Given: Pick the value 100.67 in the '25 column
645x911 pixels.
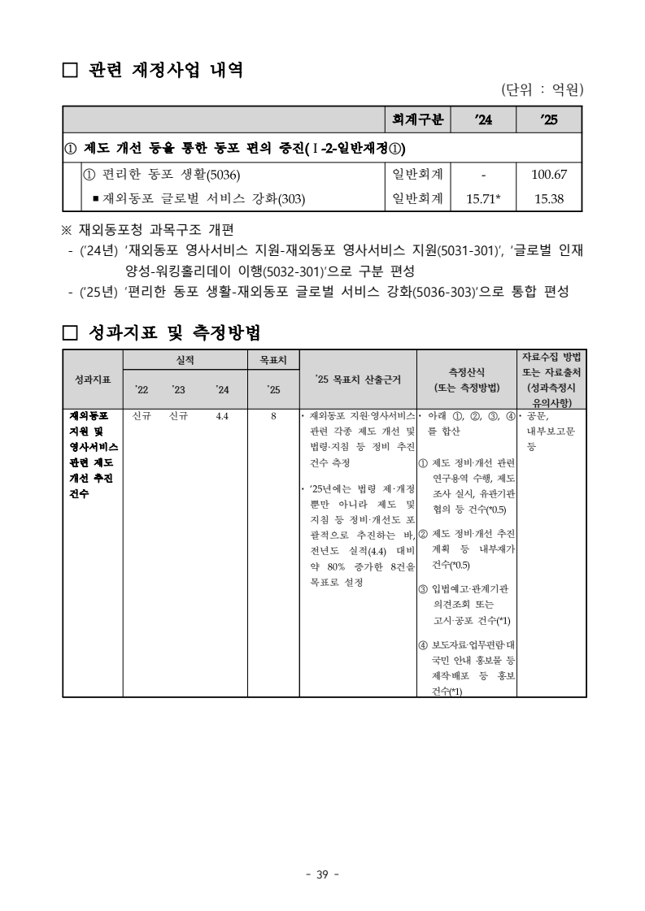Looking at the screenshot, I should click(549, 175).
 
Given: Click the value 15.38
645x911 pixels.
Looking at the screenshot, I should click(549, 197).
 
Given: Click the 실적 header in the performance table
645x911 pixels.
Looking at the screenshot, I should click(185, 359).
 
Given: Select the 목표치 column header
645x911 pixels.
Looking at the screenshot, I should click(273, 359).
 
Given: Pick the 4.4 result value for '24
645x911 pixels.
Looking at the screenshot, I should click(222, 416).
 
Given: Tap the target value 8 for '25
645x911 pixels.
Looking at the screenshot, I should click(274, 416).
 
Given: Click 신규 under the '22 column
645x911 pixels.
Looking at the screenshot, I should click(142, 416).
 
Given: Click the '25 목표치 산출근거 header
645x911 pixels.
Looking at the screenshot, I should click(357, 379).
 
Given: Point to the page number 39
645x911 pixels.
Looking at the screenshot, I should click(322, 874).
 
